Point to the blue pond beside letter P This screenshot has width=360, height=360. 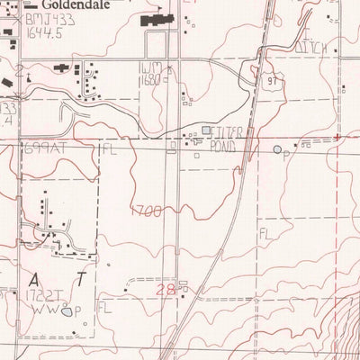(277, 149)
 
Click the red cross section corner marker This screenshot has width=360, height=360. (337, 137)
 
